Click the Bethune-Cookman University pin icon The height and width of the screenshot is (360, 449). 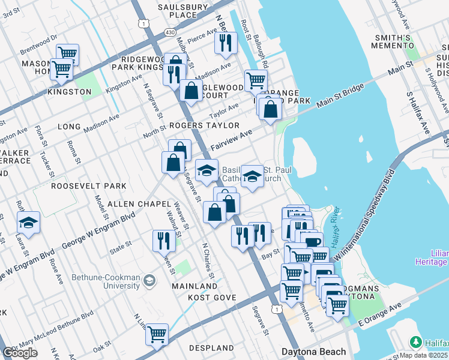click(x=149, y=280)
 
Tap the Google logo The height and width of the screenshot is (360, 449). click(x=20, y=353)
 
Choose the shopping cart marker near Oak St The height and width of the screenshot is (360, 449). click(x=157, y=334)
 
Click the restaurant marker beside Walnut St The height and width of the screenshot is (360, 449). click(x=164, y=241)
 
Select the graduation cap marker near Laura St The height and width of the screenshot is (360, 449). click(x=28, y=223)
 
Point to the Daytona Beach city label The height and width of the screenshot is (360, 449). click(x=314, y=352)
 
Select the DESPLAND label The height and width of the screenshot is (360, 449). click(x=211, y=348)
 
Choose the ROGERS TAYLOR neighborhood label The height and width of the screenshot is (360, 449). click(x=204, y=125)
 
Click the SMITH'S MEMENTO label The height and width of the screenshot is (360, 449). click(x=392, y=41)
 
